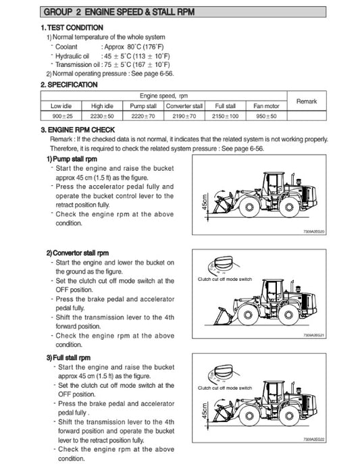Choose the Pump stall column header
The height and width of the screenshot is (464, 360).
(143, 106)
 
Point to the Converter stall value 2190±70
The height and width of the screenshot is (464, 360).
(184, 116)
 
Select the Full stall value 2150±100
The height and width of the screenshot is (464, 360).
(225, 116)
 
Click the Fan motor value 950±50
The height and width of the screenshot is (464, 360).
(265, 116)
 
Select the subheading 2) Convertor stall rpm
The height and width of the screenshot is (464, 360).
(80, 253)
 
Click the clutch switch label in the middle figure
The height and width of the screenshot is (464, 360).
(225, 278)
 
